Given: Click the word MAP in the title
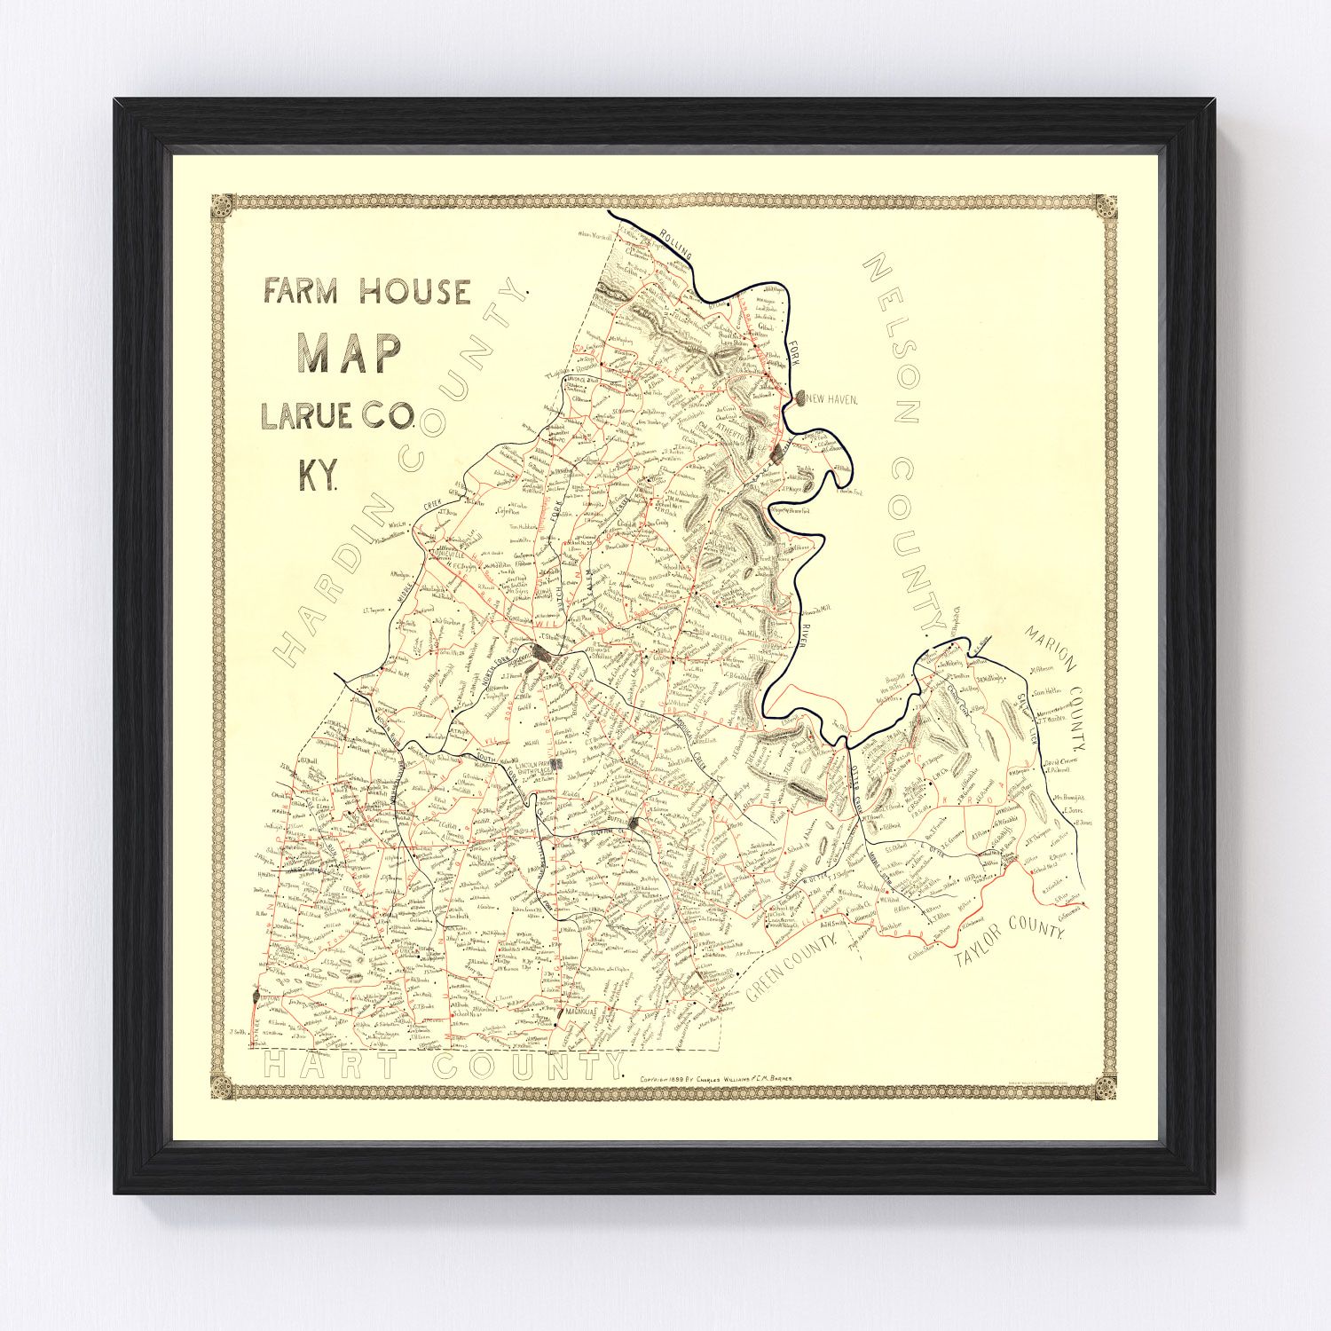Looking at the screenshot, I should [350, 353].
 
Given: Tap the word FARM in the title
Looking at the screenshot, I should [300, 292].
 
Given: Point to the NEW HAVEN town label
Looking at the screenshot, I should [832, 400].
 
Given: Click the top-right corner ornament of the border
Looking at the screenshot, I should [1106, 206].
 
